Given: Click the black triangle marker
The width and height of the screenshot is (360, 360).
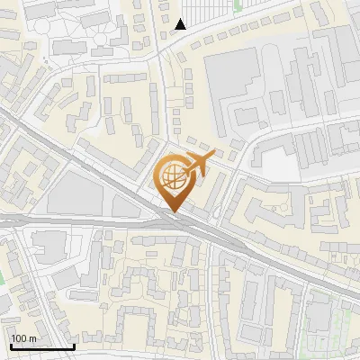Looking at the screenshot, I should coord(181,24).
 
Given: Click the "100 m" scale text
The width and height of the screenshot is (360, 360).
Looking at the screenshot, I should coord(23,337).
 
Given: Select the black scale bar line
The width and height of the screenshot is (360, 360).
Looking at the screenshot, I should coord(41,346).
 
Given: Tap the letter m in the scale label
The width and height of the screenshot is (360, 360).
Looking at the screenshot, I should coord(32,337).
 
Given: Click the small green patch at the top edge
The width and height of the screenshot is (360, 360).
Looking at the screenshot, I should coord(238,4).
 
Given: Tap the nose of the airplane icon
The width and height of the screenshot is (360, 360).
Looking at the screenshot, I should coord(212,155).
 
